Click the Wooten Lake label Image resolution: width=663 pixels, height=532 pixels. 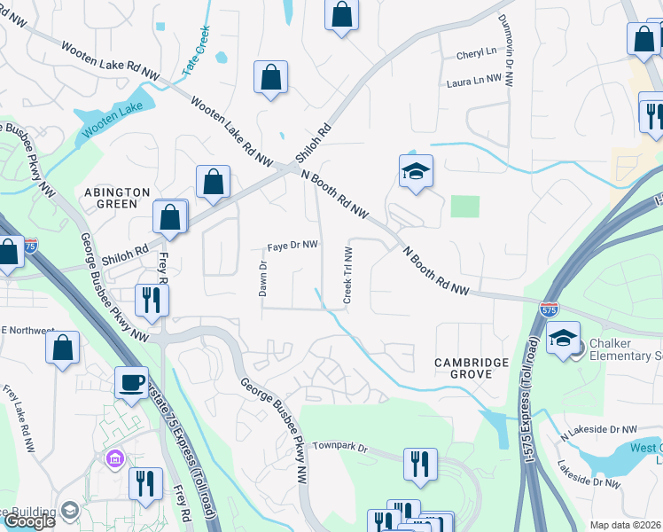[113, 120]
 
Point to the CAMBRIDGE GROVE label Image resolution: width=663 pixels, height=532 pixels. [471, 369]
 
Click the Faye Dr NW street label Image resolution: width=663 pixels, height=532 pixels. [293, 246]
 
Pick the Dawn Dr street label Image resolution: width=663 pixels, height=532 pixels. [262, 278]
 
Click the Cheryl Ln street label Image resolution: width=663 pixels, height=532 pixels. [476, 54]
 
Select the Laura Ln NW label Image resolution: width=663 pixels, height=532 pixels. [474, 79]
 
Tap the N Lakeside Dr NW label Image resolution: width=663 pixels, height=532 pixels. [599, 430]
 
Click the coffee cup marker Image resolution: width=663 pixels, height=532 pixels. [132, 382]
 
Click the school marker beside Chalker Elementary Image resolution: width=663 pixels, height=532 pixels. [563, 338]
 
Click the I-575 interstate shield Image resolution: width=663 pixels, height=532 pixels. [549, 309]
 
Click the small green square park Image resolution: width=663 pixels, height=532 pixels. [464, 206]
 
